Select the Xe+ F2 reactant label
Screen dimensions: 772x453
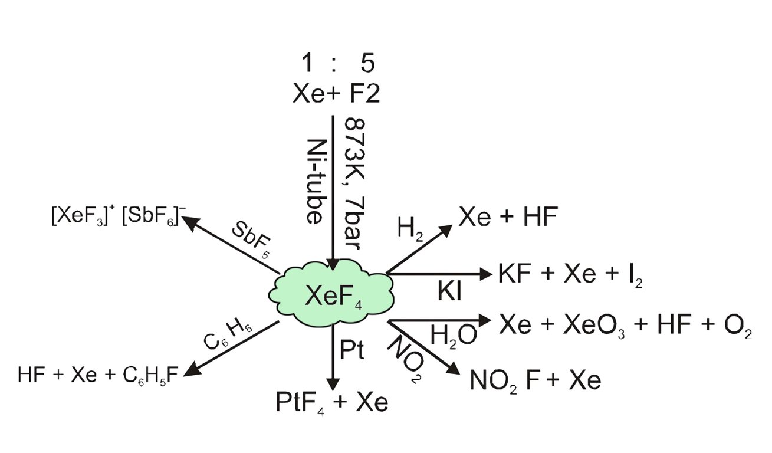click(336, 93)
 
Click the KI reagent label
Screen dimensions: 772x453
click(449, 292)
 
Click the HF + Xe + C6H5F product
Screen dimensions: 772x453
click(98, 375)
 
